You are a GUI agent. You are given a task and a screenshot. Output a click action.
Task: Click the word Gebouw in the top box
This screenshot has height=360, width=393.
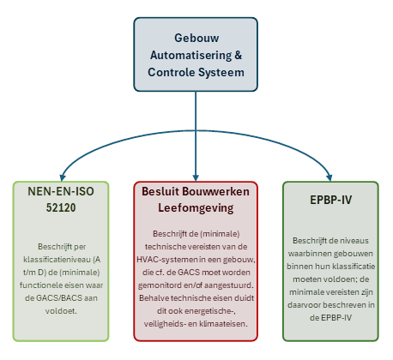point(196,38)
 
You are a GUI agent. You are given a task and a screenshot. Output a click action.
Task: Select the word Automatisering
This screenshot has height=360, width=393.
point(190,55)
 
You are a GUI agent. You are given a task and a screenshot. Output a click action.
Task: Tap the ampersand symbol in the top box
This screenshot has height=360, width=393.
point(239,55)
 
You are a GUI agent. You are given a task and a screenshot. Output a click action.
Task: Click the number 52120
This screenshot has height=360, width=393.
point(61,207)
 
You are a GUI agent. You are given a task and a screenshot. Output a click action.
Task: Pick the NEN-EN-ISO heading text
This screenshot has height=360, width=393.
point(61,191)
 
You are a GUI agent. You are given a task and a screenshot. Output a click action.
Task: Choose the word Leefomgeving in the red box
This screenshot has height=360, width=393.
point(196,208)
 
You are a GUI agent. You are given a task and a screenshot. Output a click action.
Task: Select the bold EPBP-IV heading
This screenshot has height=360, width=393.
point(331,200)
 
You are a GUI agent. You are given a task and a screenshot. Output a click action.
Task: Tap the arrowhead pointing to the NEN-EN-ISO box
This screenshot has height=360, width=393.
point(63,177)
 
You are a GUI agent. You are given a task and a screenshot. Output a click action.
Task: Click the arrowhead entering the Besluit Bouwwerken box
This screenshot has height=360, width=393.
point(196,177)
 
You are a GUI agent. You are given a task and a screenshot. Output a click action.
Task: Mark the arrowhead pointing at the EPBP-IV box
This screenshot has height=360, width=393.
point(330,177)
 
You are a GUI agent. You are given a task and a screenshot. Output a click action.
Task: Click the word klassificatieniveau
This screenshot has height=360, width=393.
point(58,260)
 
